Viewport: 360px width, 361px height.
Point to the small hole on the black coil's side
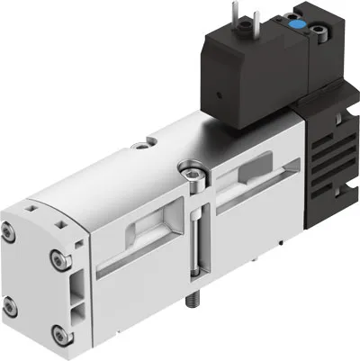point(219,93)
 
